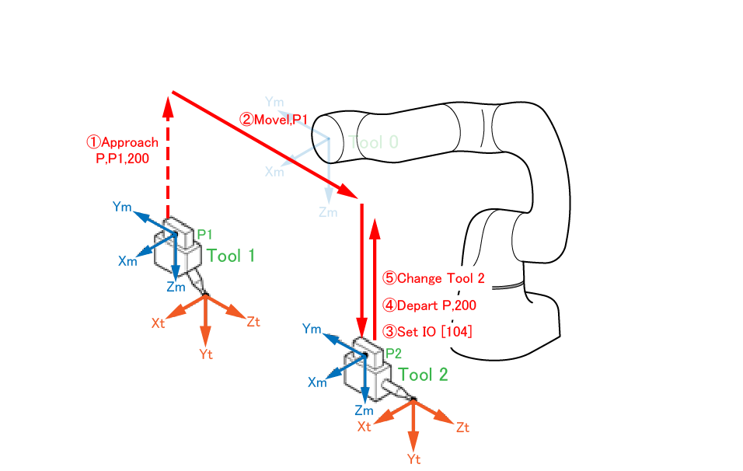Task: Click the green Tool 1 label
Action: pyautogui.click(x=231, y=256)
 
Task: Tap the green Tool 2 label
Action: pyautogui.click(x=424, y=375)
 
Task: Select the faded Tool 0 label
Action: pyautogui.click(x=373, y=142)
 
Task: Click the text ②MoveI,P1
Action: pyautogui.click(x=274, y=119)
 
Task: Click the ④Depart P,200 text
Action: pyautogui.click(x=429, y=305)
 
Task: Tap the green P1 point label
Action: pyautogui.click(x=204, y=234)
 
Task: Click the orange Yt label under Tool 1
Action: pyautogui.click(x=206, y=355)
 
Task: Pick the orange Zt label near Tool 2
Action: pyautogui.click(x=463, y=427)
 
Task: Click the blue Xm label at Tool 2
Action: pyautogui.click(x=318, y=382)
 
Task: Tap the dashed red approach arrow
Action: pyautogui.click(x=168, y=155)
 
